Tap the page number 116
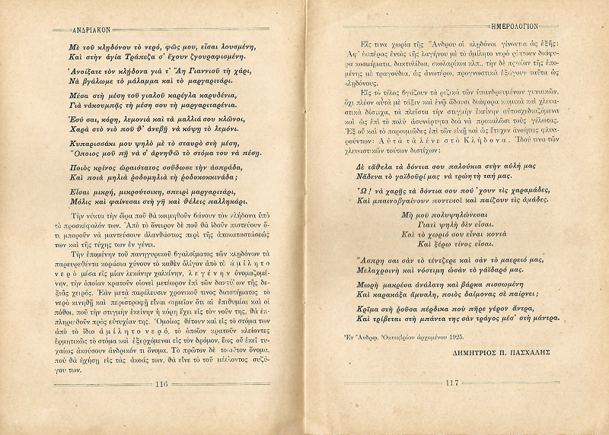[161, 405]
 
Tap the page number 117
[451, 405]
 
